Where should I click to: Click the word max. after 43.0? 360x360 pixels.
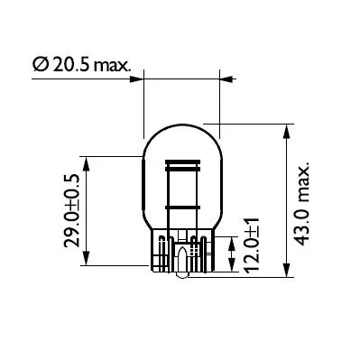304,178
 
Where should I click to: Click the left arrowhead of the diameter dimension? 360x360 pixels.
149,80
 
